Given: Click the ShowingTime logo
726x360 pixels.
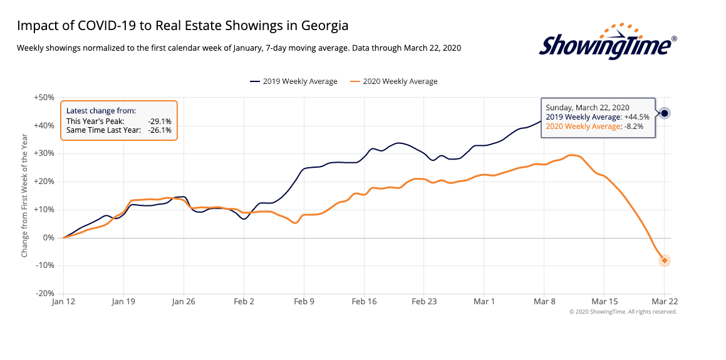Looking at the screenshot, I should (608, 44).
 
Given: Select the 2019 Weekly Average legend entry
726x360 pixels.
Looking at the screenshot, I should (294, 81).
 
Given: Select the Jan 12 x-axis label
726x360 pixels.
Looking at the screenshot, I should (63, 302).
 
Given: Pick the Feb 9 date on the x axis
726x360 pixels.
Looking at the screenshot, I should (304, 302).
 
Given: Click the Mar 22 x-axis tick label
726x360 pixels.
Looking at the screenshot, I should (664, 302).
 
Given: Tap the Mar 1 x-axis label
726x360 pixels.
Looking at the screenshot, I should (484, 302).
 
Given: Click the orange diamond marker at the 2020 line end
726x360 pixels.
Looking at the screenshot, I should (665, 260).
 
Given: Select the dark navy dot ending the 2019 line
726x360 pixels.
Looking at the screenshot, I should (665, 113).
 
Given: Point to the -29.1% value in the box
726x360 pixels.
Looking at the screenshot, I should (160, 121).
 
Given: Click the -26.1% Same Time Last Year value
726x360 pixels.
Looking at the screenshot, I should (160, 130).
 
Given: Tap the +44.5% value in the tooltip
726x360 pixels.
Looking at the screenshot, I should (636, 117).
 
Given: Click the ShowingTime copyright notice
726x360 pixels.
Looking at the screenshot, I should (623, 312).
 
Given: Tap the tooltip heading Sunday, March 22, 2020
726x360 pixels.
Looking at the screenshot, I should (588, 108).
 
